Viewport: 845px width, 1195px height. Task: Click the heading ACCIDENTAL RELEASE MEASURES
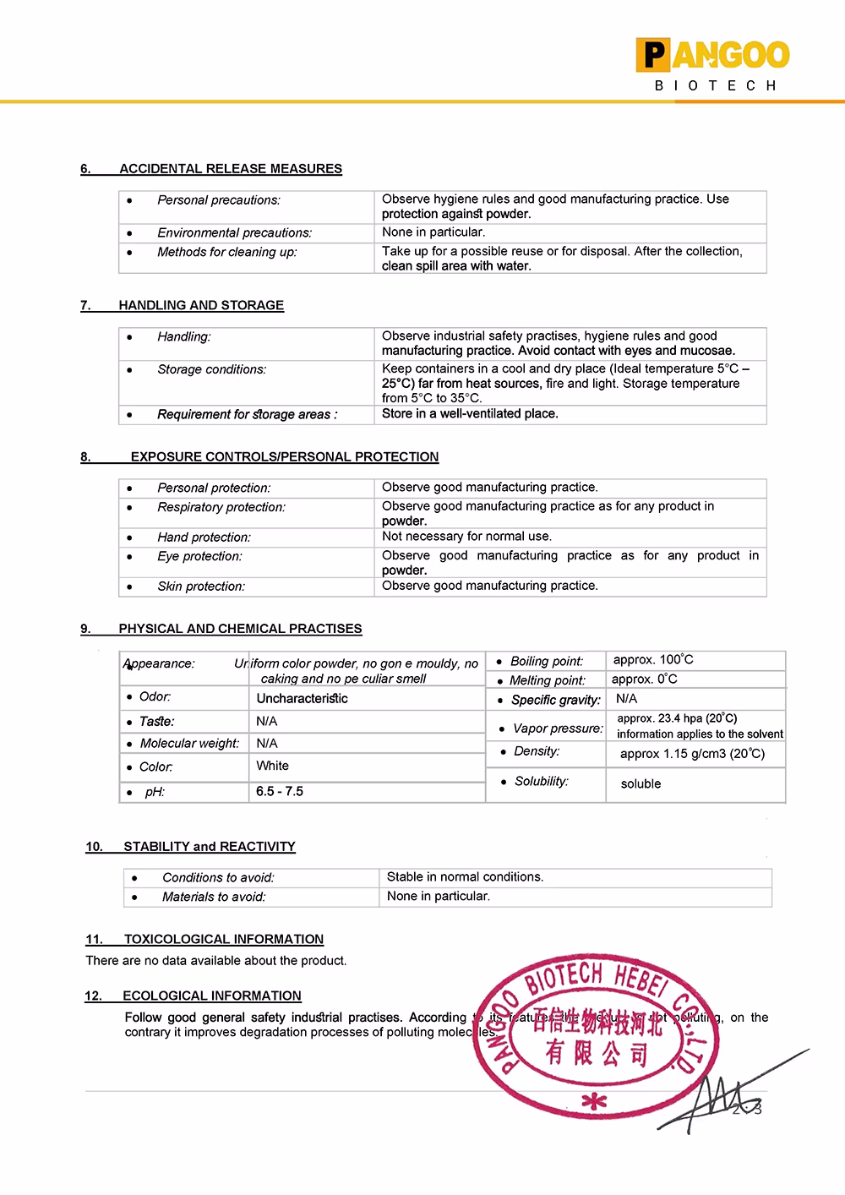(x=230, y=169)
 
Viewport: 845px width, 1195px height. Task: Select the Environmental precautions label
(x=234, y=232)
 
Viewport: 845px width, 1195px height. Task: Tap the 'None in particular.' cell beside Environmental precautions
(x=433, y=232)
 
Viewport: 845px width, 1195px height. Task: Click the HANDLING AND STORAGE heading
(x=201, y=305)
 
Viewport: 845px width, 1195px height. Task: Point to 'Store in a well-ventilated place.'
(x=470, y=414)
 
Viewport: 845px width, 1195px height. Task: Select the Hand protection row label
(x=204, y=537)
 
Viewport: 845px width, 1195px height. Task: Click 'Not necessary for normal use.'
(x=466, y=537)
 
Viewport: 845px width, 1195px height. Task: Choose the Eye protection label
(x=199, y=557)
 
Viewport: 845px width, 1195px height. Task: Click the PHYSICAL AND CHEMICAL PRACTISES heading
(x=240, y=629)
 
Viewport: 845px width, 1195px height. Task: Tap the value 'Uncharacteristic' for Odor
(x=302, y=699)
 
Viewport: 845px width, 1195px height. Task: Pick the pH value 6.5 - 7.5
(x=279, y=792)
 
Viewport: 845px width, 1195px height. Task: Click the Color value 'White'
(x=272, y=766)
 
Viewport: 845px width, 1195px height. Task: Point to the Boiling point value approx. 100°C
(x=653, y=660)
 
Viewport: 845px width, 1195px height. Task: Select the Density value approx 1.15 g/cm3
(x=692, y=754)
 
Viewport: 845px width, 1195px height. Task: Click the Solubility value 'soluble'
(x=641, y=784)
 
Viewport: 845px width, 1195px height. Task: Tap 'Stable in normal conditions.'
(x=465, y=877)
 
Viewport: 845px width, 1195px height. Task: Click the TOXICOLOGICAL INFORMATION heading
(x=223, y=939)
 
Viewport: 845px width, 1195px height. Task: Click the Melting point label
(x=547, y=680)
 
